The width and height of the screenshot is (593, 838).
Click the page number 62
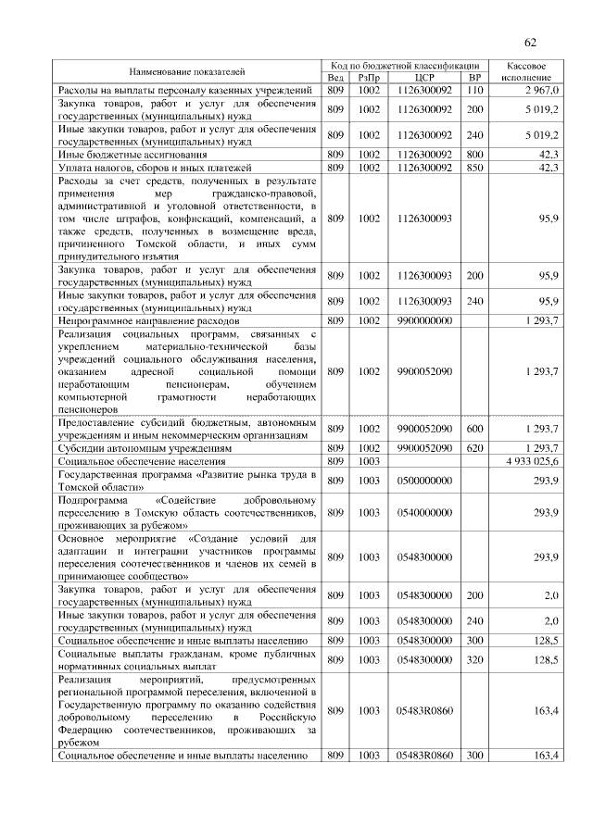tap(531, 43)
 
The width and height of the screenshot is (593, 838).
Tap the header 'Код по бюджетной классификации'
tap(406, 66)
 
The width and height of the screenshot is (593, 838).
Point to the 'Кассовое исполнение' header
tap(525, 71)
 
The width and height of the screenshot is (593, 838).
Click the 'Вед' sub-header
tap(335, 78)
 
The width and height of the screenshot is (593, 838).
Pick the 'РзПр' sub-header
tap(369, 78)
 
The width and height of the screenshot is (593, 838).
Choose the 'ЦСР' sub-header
tap(425, 78)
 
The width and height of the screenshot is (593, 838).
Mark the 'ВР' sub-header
tap(475, 78)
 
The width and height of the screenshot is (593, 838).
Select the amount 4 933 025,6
tap(532, 460)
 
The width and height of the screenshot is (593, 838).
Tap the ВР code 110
tap(475, 91)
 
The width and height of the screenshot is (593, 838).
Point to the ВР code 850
tap(475, 168)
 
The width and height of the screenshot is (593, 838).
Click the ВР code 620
tap(475, 447)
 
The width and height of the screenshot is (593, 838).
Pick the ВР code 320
tap(475, 659)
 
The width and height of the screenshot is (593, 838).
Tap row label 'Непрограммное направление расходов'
tap(148, 320)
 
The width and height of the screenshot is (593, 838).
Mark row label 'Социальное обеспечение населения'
tap(143, 460)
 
